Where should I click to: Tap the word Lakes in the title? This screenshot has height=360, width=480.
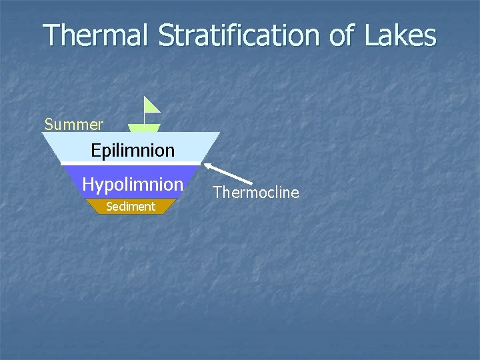[400, 35]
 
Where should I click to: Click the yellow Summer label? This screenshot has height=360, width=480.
[73, 125]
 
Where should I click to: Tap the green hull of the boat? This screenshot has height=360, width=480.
[144, 128]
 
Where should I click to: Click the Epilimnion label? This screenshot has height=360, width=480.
[133, 151]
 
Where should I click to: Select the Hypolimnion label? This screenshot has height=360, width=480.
[132, 184]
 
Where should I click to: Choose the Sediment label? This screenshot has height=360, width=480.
[131, 207]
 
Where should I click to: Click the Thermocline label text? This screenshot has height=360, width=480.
[256, 193]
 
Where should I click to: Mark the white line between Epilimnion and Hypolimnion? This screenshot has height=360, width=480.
[131, 163]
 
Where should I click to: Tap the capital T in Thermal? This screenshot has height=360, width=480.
[53, 35]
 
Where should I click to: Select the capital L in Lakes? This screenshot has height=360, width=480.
[370, 35]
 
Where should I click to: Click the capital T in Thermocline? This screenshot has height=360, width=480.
[217, 193]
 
